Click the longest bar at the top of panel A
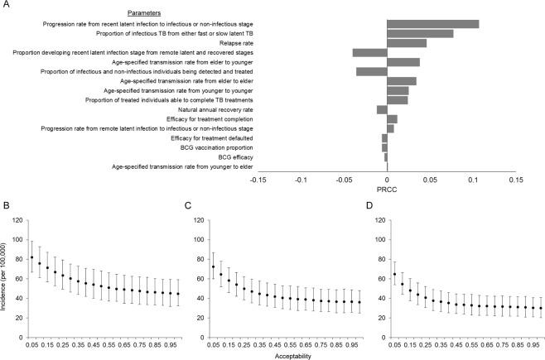(432, 23)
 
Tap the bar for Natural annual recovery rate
(382, 109)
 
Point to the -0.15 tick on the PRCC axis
(258, 178)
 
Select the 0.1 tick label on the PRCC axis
(473, 178)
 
